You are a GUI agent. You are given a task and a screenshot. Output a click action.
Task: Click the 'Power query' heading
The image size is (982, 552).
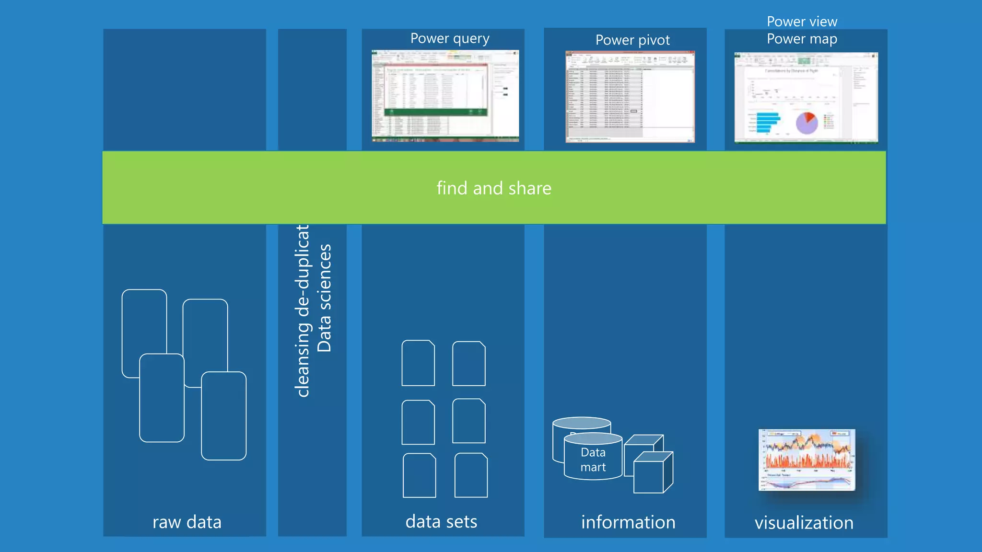click(x=450, y=39)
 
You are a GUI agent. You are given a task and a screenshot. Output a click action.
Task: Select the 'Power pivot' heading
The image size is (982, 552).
click(x=632, y=40)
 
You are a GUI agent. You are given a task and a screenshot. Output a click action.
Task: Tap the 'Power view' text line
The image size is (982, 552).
click(x=802, y=22)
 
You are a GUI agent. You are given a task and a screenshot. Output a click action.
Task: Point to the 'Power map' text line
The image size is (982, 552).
click(x=802, y=39)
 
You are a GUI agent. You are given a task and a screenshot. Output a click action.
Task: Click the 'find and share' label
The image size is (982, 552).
click(x=494, y=188)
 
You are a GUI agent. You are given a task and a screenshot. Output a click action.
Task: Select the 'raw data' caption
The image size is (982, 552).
click(x=187, y=522)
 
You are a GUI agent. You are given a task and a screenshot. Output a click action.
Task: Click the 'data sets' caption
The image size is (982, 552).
click(x=441, y=521)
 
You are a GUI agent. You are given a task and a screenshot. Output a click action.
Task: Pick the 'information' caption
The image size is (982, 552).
click(x=628, y=522)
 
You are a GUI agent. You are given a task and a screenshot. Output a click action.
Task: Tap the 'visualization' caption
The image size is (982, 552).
click(x=804, y=523)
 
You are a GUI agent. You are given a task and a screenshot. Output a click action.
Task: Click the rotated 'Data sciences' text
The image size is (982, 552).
click(x=325, y=298)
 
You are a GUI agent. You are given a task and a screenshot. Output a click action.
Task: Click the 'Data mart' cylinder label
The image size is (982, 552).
click(x=593, y=460)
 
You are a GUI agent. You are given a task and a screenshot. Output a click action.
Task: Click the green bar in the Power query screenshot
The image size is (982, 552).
click(x=435, y=112)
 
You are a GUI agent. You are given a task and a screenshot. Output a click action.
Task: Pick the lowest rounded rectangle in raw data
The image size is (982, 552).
click(x=224, y=416)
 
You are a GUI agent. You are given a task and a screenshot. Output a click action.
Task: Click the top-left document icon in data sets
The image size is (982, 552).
click(x=418, y=363)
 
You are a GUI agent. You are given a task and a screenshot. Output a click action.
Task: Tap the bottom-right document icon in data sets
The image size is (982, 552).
click(x=471, y=475)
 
